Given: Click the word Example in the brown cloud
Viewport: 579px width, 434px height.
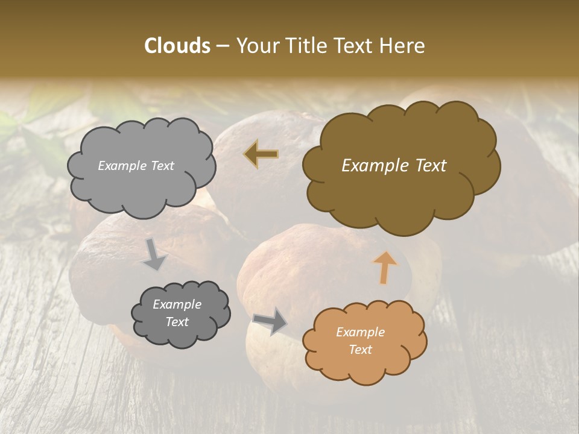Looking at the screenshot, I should coord(370,166).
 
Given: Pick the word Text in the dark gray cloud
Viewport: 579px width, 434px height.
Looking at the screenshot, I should coord(177,322).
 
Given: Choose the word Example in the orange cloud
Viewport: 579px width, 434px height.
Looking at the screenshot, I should coord(360,332).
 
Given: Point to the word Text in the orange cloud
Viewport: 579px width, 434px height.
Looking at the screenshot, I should coord(360,350).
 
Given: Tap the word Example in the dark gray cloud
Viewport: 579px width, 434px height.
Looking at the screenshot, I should coord(177,304).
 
